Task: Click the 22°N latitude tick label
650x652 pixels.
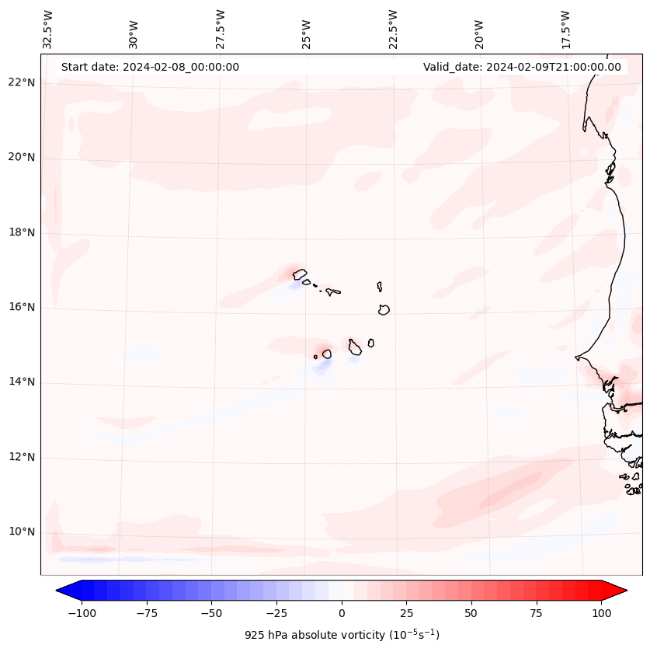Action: pyautogui.click(x=22, y=82)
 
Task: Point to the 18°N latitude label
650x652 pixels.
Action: pyautogui.click(x=22, y=232)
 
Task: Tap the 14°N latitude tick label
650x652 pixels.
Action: pyautogui.click(x=22, y=382)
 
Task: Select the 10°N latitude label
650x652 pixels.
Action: pyautogui.click(x=22, y=532)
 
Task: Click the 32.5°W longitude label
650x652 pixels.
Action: pyautogui.click(x=48, y=30)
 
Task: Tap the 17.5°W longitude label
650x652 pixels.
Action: pyautogui.click(x=566, y=30)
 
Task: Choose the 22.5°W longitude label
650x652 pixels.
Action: pyautogui.click(x=393, y=30)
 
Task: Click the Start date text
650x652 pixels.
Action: pyautogui.click(x=150, y=67)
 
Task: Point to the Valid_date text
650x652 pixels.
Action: pyautogui.click(x=522, y=67)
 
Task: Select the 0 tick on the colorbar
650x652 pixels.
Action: pyautogui.click(x=342, y=613)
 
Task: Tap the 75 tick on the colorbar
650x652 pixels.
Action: pyautogui.click(x=536, y=613)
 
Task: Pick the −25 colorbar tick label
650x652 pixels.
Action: pyautogui.click(x=276, y=613)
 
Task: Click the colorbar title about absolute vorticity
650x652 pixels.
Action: pyautogui.click(x=342, y=635)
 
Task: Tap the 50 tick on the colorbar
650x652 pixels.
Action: pyautogui.click(x=471, y=613)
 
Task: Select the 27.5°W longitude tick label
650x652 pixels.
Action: pyautogui.click(x=221, y=30)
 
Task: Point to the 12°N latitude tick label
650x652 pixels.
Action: pyautogui.click(x=22, y=458)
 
